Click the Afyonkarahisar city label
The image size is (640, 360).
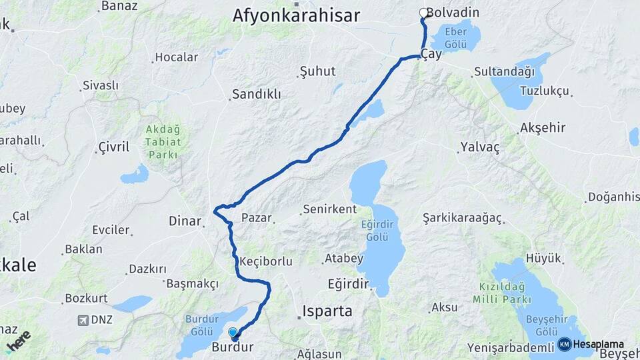point(296,15)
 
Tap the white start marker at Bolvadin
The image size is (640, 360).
point(423,13)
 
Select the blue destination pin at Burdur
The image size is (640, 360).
point(233,333)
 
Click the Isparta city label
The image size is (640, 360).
point(327,311)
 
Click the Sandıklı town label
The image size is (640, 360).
point(257,94)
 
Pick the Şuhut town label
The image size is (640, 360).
point(317,71)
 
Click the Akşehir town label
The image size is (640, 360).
point(543,127)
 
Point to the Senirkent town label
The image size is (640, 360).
point(329,209)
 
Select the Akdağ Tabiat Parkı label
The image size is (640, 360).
point(163,143)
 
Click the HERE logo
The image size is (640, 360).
point(19,340)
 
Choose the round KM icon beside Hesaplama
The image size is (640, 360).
point(565,344)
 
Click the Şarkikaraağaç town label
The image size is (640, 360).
point(463,218)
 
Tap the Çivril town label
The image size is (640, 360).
point(114,147)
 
